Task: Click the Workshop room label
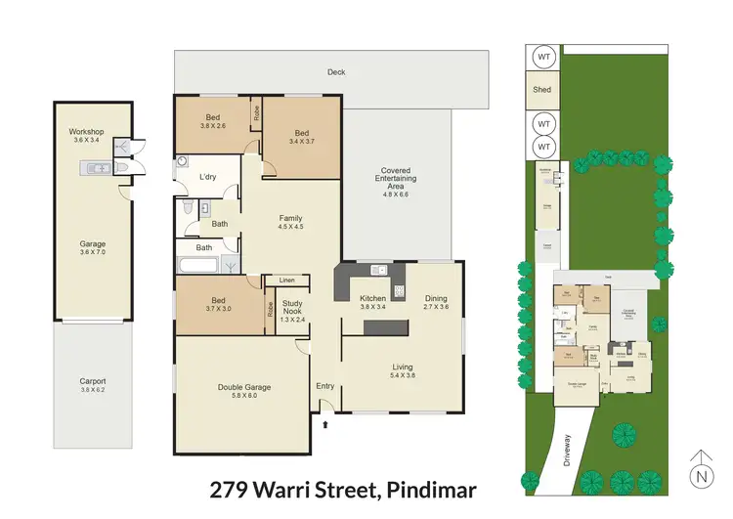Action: coord(86,131)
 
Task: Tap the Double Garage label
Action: coord(243,387)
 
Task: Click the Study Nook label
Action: coord(292,309)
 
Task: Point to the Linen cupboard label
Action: coord(286,281)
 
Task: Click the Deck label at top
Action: coord(337,70)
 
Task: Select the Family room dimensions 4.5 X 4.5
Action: coord(291,228)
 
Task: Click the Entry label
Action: coord(324,386)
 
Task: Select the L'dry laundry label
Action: coord(208,177)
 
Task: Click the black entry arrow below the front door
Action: coord(324,424)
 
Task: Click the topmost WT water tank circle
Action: coord(542,58)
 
